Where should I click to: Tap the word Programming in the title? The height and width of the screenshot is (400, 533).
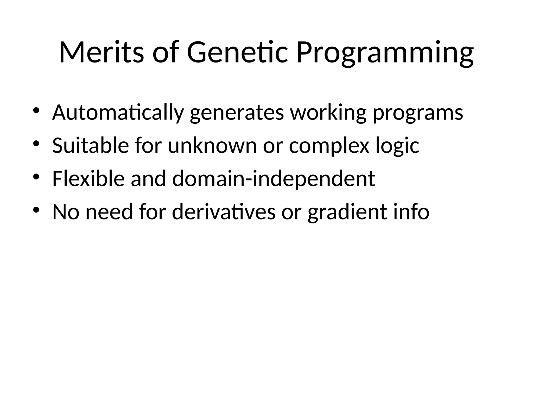(385, 53)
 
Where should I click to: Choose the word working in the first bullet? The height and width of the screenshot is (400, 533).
(328, 113)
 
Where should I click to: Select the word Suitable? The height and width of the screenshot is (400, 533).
(90, 145)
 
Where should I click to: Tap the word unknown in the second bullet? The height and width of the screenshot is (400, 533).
(212, 145)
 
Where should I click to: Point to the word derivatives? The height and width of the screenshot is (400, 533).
(224, 212)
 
